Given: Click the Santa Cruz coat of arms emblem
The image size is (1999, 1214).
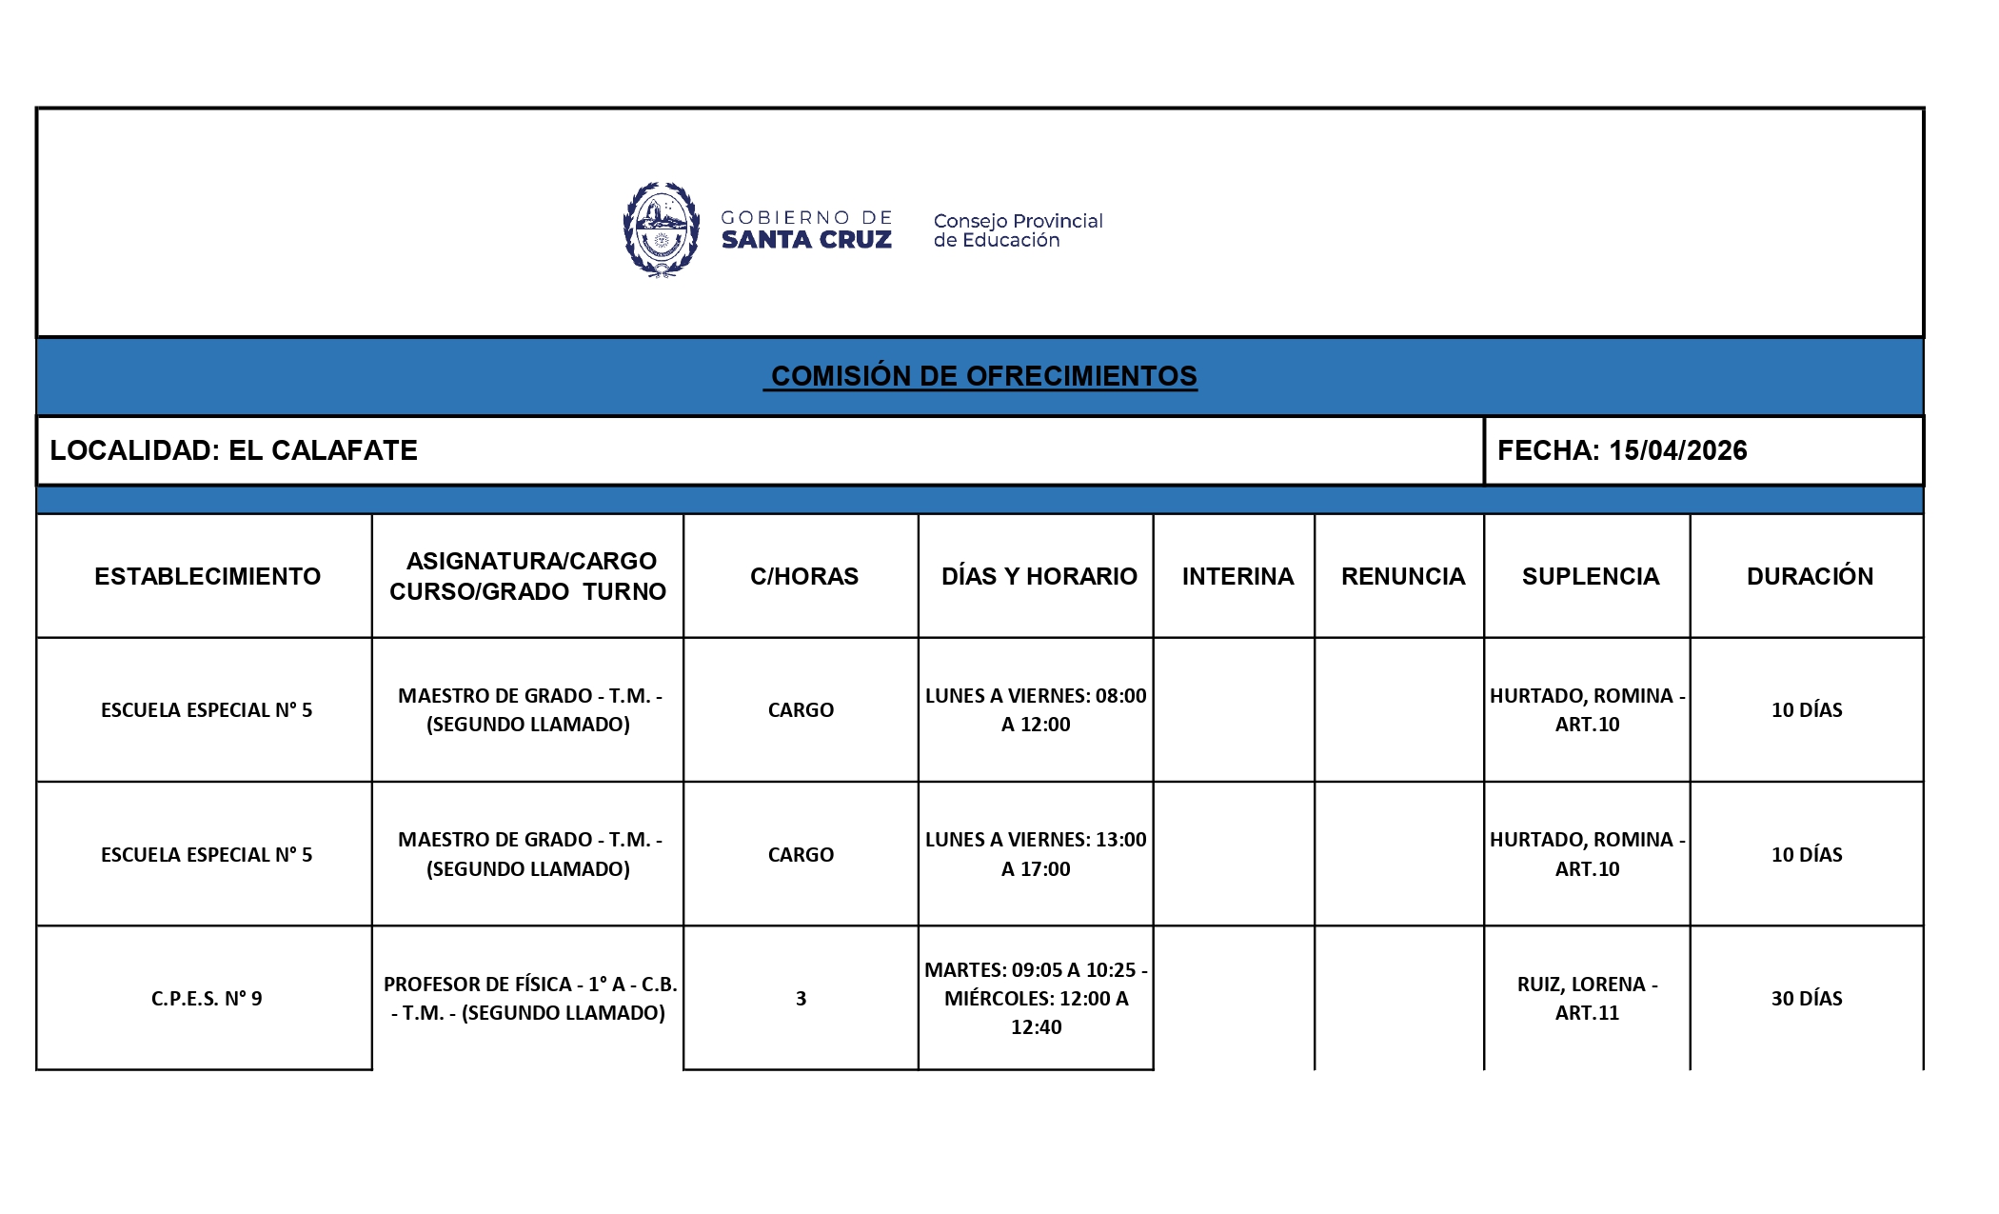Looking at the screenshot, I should point(661,229).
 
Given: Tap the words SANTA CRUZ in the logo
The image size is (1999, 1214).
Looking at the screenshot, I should point(806,240).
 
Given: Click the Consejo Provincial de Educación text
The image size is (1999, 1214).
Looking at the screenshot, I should point(1017,230).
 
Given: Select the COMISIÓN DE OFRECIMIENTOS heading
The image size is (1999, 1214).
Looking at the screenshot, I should point(983,376).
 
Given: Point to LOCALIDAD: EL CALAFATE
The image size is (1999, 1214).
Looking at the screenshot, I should point(233,450).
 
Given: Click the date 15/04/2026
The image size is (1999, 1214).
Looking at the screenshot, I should point(1677,450).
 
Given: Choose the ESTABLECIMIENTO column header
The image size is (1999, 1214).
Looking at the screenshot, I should point(207,576).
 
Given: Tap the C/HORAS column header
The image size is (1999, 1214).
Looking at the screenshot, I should point(803,576).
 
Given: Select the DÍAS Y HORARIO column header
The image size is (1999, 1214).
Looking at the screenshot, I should point(1039,576).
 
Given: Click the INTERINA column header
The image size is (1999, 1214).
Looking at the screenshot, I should point(1237,576).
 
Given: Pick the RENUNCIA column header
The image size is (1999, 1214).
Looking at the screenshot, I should point(1402,576).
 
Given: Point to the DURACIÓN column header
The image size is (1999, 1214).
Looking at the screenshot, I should point(1809,576).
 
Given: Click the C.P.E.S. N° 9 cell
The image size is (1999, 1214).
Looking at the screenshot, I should point(206,998).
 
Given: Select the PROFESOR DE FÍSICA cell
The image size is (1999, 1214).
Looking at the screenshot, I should point(529,998).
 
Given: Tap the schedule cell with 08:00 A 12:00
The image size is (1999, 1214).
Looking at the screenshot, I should point(1036,709).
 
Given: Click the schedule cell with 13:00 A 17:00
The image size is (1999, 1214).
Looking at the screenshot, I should point(1036,854).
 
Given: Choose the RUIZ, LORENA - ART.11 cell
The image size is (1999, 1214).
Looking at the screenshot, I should point(1587,998).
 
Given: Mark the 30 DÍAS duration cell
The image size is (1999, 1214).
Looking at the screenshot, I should point(1806,998).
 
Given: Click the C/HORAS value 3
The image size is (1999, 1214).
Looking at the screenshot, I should point(801,998).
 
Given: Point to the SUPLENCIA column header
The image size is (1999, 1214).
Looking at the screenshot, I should point(1590,576).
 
